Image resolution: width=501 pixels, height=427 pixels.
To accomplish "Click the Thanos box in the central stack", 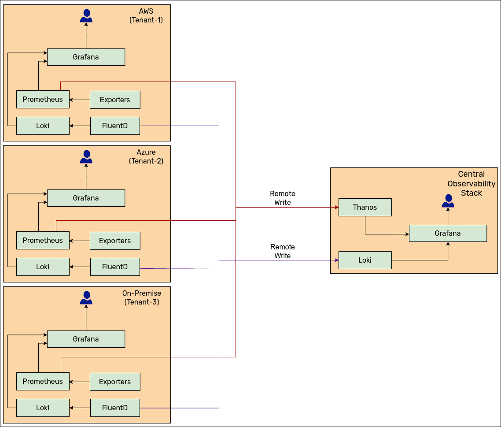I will (365, 207).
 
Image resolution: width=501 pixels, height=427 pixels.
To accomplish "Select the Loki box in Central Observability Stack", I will (365, 260).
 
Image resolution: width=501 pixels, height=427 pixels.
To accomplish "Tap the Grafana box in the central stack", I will (448, 233).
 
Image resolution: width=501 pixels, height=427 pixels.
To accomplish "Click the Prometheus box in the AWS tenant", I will (43, 99).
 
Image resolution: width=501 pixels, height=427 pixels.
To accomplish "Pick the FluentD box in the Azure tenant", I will (115, 267).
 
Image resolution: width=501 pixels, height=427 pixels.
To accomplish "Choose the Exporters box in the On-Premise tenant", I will (115, 382).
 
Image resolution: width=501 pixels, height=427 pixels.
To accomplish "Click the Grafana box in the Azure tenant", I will (86, 198).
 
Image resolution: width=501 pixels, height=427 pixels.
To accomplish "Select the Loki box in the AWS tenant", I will (43, 126).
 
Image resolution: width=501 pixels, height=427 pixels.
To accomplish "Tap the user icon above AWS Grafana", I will (86, 16).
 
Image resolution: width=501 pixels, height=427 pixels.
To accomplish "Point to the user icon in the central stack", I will (448, 201).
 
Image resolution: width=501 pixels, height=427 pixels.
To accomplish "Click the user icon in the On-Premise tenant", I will (86, 298).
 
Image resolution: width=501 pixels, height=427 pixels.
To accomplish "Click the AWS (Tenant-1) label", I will (146, 15).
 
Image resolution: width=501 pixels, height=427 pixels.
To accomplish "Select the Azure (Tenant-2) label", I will (146, 156).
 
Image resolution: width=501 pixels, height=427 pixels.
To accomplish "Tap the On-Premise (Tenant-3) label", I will (142, 297).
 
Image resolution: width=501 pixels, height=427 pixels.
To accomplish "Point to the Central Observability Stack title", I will (472, 183).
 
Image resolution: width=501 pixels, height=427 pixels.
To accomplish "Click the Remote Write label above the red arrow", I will (283, 198).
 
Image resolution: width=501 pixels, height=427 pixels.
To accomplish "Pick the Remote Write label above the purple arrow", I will (283, 251).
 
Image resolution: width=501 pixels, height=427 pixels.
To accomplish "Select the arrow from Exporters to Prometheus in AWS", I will (80, 100).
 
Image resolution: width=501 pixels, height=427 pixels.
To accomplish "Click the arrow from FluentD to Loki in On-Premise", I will (80, 408).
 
